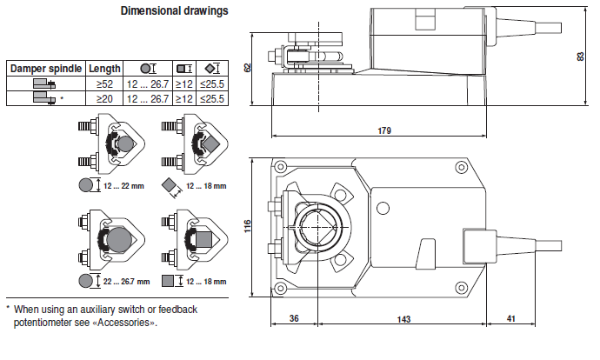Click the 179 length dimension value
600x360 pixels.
[384, 130]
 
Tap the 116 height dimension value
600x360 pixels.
[248, 226]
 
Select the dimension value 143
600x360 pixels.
[403, 319]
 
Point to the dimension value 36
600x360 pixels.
[294, 318]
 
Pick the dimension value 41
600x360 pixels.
[510, 318]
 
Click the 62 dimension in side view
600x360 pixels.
[248, 68]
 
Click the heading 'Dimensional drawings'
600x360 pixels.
[175, 10]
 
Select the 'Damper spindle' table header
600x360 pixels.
[46, 69]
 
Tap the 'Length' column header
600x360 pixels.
[104, 69]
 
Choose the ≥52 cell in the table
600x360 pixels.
[104, 83]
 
